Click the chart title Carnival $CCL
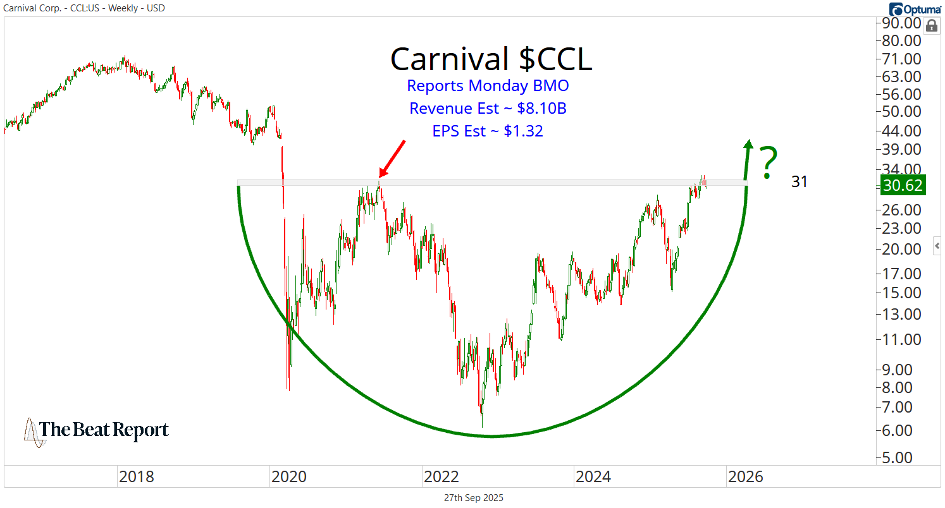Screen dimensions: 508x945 pyautogui.click(x=491, y=59)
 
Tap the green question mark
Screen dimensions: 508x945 pyautogui.click(x=768, y=162)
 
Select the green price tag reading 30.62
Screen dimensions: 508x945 pyautogui.click(x=903, y=186)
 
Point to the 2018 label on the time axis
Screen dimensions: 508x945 pyautogui.click(x=136, y=476)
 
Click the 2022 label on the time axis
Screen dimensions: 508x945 pyautogui.click(x=440, y=476)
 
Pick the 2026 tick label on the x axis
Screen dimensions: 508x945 pyautogui.click(x=745, y=476)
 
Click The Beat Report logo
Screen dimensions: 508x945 pyautogui.click(x=97, y=431)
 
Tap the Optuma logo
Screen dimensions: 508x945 pyautogui.click(x=915, y=9)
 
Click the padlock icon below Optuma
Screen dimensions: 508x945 pyautogui.click(x=931, y=26)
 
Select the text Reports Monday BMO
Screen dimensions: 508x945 pyautogui.click(x=487, y=86)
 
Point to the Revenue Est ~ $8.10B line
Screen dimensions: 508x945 pyautogui.click(x=487, y=109)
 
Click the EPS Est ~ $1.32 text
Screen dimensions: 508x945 pyautogui.click(x=487, y=131)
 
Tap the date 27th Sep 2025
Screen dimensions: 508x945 pyautogui.click(x=473, y=498)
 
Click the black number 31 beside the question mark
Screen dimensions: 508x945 pyautogui.click(x=800, y=182)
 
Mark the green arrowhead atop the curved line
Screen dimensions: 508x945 pyautogui.click(x=748, y=145)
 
